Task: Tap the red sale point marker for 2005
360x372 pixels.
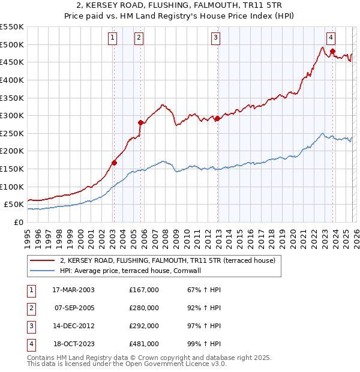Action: pyautogui.click(x=140, y=122)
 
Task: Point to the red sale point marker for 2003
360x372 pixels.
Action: pyautogui.click(x=114, y=162)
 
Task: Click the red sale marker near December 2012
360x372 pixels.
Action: pyautogui.click(x=217, y=118)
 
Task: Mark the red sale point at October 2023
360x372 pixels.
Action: pyautogui.click(x=332, y=51)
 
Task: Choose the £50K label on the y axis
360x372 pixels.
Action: pyautogui.click(x=14, y=205)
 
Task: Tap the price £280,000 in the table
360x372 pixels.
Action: pyautogui.click(x=144, y=308)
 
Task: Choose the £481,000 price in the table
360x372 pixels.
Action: pyautogui.click(x=144, y=344)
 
